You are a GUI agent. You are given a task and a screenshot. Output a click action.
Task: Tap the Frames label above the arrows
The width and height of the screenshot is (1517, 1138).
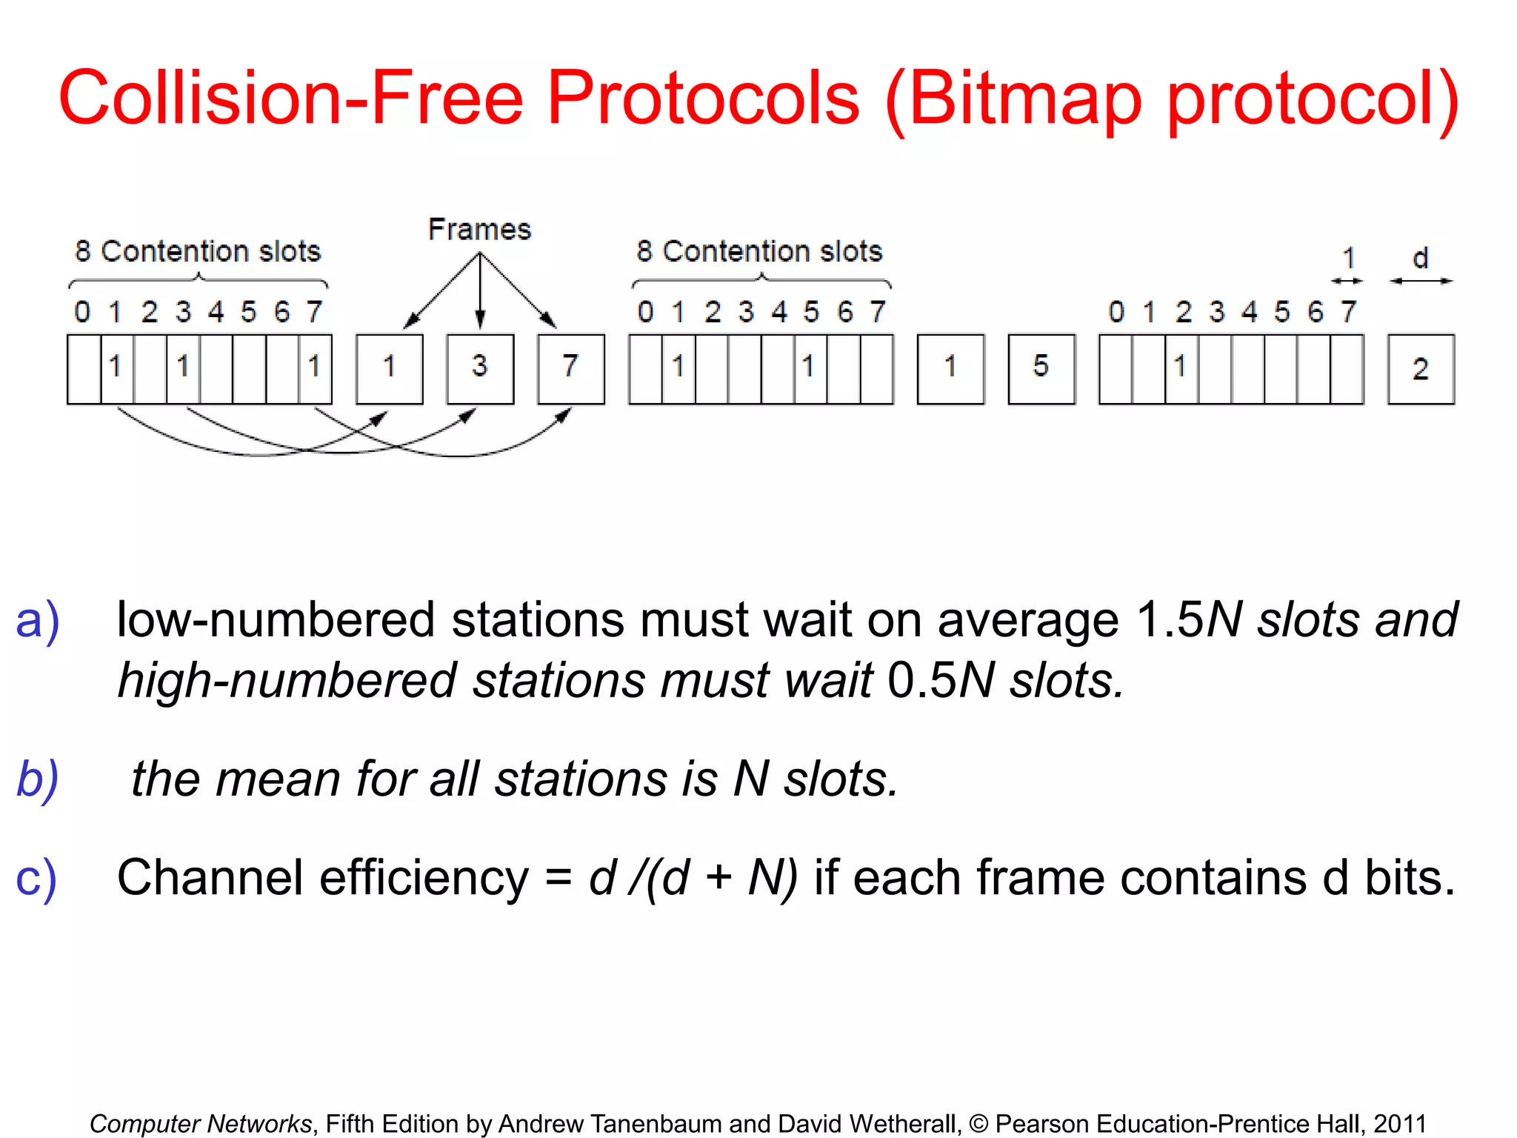click(479, 230)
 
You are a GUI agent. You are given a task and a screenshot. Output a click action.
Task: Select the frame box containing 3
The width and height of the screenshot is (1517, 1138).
click(480, 368)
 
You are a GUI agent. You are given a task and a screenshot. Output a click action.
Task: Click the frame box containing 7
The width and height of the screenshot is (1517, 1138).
click(570, 368)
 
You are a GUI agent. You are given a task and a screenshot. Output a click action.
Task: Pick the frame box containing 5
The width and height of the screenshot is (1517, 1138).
click(1041, 368)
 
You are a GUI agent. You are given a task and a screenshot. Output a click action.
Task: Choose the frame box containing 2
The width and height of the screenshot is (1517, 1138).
click(1420, 369)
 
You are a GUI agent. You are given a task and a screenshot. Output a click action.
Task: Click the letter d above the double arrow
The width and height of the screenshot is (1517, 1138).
click(1420, 259)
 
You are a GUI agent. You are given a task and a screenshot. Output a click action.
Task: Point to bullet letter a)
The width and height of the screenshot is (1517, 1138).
click(37, 621)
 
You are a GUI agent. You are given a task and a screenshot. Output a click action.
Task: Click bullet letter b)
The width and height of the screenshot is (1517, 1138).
click(37, 779)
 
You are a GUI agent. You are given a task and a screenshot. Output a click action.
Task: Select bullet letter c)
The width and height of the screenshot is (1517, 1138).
click(36, 879)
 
